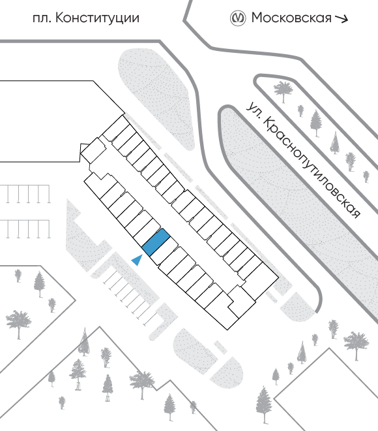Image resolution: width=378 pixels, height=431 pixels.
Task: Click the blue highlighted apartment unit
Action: click(x=155, y=242)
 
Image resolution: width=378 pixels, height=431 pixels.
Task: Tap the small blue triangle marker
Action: click(x=138, y=260)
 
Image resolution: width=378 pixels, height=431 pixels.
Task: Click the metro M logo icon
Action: click(x=237, y=18)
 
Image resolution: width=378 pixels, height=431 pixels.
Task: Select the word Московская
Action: click(x=291, y=18)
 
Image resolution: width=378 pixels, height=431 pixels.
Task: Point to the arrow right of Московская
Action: click(x=342, y=18)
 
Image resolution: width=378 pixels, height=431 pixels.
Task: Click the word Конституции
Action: click(x=97, y=19)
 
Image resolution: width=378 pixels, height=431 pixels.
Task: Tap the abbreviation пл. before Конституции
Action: click(x=42, y=19)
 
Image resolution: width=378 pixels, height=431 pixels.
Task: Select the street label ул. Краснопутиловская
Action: click(x=302, y=160)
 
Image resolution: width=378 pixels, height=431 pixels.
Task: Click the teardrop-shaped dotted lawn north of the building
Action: click(x=156, y=98)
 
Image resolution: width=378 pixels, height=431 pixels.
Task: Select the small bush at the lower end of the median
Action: click(x=366, y=176)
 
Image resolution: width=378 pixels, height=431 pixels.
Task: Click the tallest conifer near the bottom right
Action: click(x=264, y=404)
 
